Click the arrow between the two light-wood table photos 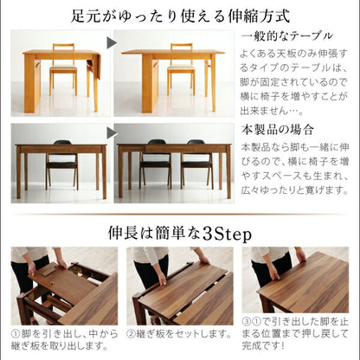tap(112, 41)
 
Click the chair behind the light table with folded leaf tap(62, 65)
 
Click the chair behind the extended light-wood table tap(180, 64)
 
